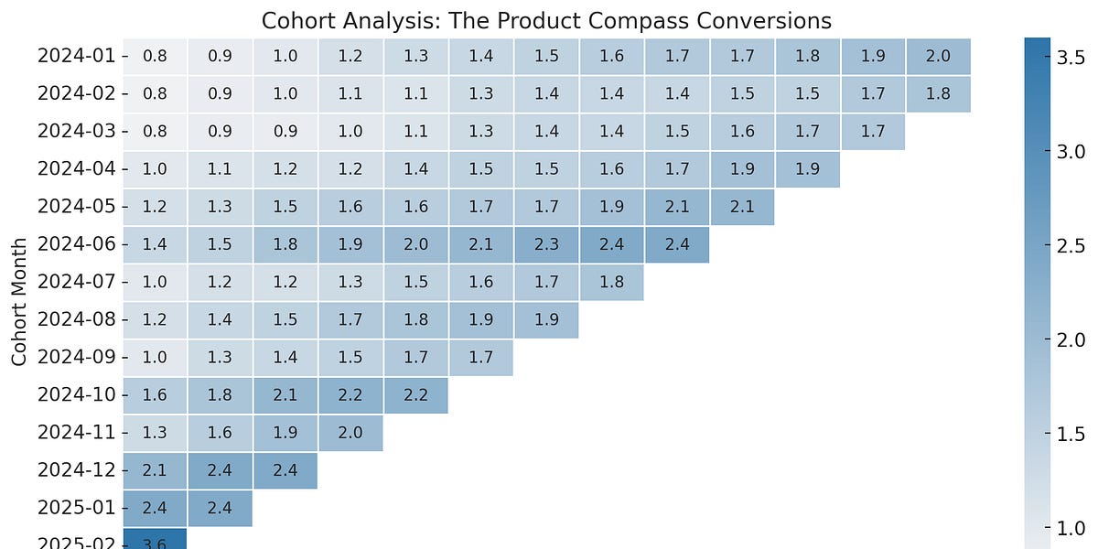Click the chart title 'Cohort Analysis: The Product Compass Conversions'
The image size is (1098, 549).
pos(546,20)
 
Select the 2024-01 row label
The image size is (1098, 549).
pos(76,57)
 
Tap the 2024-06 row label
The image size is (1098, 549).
pos(76,244)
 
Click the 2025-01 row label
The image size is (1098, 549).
pos(76,508)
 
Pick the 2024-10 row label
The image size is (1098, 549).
pos(76,394)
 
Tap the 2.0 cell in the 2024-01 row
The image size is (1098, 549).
pos(938,57)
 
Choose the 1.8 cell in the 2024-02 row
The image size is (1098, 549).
pos(938,94)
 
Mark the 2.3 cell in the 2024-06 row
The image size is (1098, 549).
pos(546,244)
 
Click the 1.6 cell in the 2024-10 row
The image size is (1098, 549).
pos(155,394)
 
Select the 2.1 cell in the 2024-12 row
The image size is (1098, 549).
pos(155,470)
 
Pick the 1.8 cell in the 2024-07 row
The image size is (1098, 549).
pos(611,282)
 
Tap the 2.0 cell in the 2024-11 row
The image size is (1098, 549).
pos(350,433)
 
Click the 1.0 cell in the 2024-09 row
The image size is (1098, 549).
pos(155,357)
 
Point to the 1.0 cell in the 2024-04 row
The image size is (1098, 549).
pos(155,169)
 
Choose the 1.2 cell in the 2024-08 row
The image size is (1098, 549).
pos(155,319)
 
